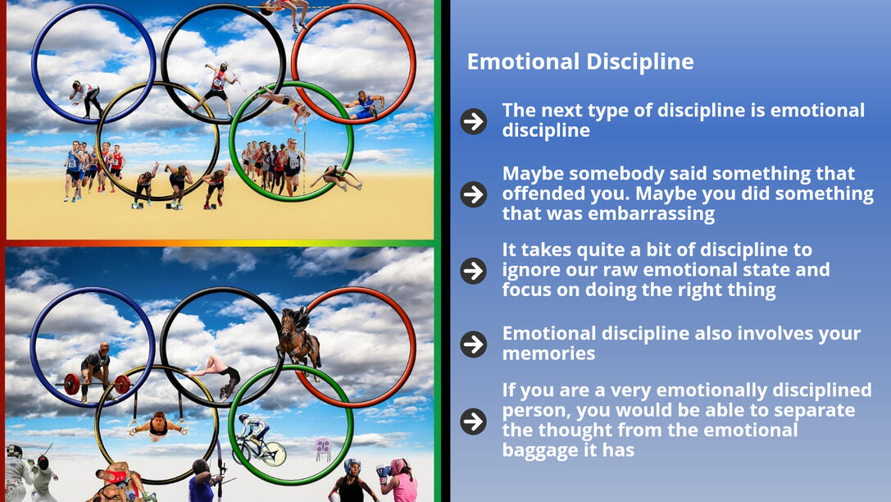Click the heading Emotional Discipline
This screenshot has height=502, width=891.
point(580,62)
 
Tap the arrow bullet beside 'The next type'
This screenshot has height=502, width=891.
point(473,121)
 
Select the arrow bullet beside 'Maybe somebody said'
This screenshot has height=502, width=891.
point(473,194)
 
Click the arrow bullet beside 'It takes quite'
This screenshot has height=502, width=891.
point(473,270)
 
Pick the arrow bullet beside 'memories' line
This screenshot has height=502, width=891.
point(473,344)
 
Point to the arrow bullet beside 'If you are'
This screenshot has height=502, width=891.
point(473,422)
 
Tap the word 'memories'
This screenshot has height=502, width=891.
point(548,354)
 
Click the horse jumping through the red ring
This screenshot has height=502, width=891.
point(298,339)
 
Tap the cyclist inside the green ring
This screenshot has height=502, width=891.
point(258,440)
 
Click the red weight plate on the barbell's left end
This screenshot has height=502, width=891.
point(71,385)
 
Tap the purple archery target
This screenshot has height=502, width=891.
point(323,446)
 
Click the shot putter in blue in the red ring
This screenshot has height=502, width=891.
point(364,105)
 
